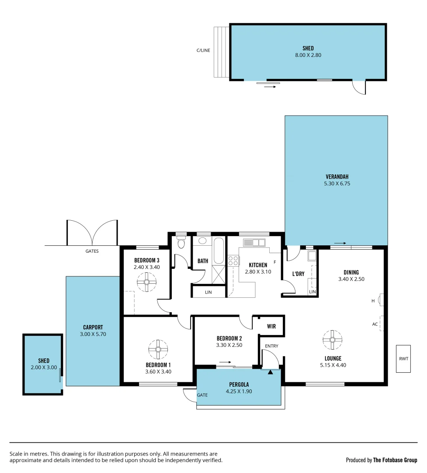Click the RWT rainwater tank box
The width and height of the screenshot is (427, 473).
point(403,359)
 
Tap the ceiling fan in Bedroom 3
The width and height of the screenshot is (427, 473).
point(146,282)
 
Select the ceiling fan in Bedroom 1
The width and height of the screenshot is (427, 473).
point(158,349)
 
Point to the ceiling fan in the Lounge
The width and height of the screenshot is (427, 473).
point(333,339)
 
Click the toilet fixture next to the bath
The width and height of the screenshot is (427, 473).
point(181,243)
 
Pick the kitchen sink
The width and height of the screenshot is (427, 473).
point(254,243)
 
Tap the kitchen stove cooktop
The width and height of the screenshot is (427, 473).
point(233,261)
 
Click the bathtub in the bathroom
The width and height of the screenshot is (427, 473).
point(219,251)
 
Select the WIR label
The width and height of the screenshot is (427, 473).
point(271,326)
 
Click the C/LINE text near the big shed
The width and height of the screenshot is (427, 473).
point(203,50)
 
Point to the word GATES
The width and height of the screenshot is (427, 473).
point(92,251)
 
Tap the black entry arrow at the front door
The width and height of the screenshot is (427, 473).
point(270,372)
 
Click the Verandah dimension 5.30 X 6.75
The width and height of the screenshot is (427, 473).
point(337,184)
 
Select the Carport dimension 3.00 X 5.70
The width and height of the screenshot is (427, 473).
point(93,334)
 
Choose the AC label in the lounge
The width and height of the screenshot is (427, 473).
point(375,325)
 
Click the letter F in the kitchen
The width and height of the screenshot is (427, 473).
point(274,262)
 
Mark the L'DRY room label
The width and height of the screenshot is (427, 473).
point(298,274)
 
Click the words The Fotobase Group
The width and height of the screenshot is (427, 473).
point(395,460)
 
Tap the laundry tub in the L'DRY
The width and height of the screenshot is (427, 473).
point(312,256)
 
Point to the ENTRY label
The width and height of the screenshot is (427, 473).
point(271,346)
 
